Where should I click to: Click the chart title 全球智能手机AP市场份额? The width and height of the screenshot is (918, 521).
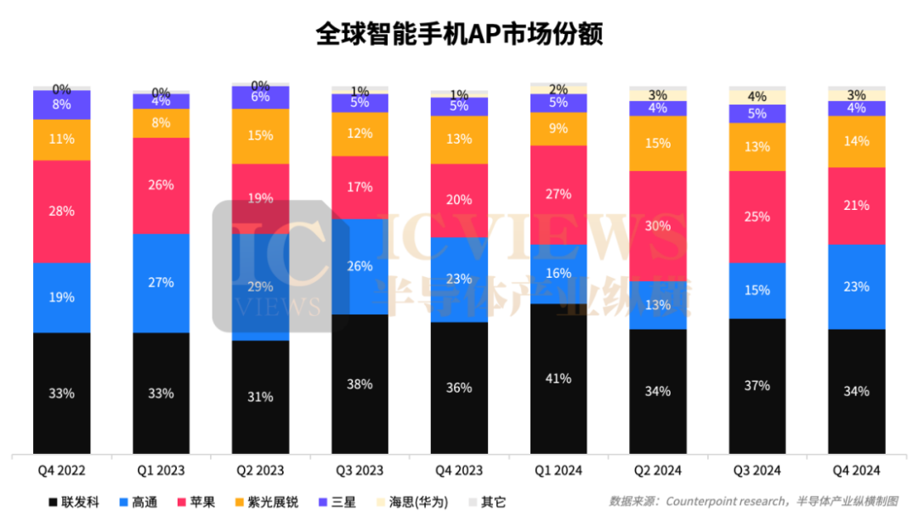(x=459, y=33)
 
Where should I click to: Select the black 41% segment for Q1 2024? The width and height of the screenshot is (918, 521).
(x=558, y=379)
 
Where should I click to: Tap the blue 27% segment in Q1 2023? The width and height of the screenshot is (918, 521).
(x=161, y=282)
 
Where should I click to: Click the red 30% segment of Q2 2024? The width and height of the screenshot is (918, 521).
(x=658, y=226)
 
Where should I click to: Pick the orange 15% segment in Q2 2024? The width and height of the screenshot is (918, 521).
(x=658, y=143)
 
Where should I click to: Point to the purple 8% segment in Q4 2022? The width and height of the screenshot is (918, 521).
(x=62, y=105)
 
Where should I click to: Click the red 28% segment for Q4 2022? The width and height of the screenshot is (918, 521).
(x=62, y=211)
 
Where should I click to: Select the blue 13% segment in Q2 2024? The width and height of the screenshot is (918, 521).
(x=658, y=305)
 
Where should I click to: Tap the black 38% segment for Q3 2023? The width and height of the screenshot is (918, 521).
(x=360, y=384)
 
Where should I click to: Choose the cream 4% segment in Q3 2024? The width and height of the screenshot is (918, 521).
(x=757, y=97)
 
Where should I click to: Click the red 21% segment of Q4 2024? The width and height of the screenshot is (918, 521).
(x=857, y=206)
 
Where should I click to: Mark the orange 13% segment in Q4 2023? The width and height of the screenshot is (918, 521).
(x=459, y=139)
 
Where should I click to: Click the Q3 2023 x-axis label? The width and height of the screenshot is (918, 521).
(x=360, y=470)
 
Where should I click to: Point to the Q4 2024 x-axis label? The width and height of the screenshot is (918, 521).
(x=857, y=470)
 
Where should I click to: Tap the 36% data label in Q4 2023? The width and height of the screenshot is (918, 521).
(x=459, y=388)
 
